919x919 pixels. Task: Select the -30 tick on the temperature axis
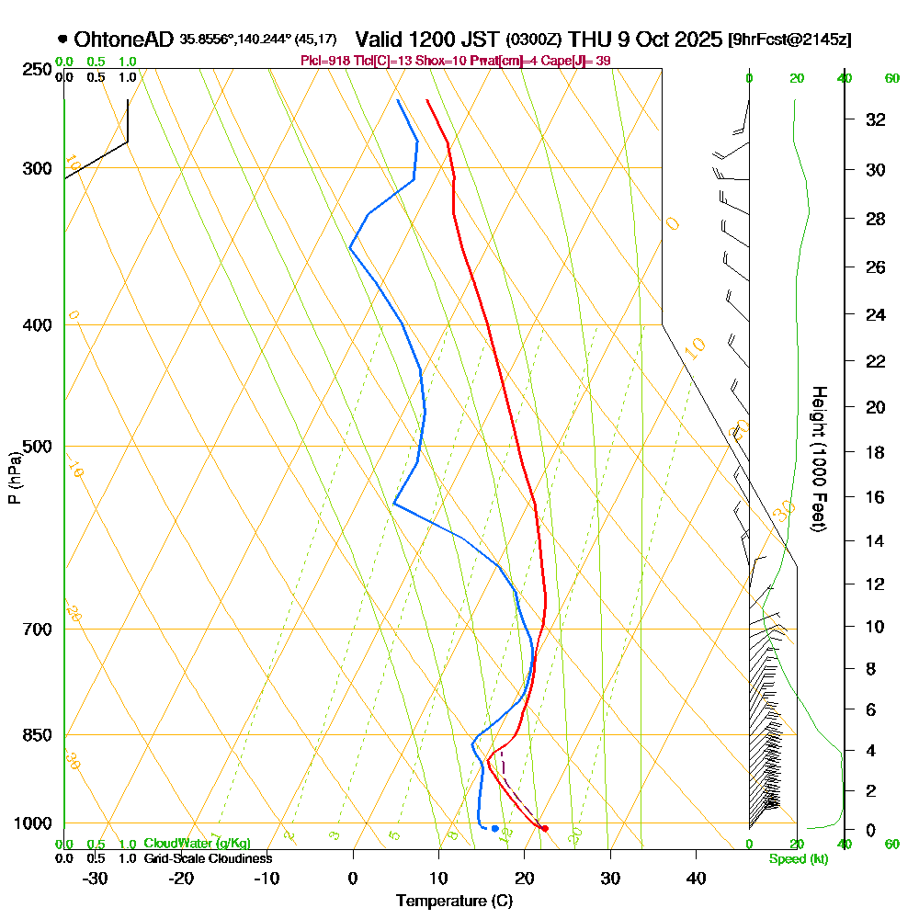click(x=95, y=879)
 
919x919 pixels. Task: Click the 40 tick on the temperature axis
click(x=696, y=879)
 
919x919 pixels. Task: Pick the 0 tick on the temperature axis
click(x=353, y=879)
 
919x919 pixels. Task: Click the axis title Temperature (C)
click(x=454, y=902)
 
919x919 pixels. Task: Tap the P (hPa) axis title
click(x=14, y=477)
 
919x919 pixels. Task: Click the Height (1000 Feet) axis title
click(x=819, y=458)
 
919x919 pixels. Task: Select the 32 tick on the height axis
click(x=875, y=119)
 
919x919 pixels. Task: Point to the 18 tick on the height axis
click(x=875, y=452)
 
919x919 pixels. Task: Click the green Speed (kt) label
click(x=795, y=859)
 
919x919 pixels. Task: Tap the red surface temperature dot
click(x=545, y=828)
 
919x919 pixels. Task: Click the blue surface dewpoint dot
click(x=494, y=828)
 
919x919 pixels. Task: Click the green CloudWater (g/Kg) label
click(x=197, y=844)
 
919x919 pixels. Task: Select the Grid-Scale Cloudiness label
click(x=207, y=858)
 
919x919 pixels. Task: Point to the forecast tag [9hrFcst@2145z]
click(x=789, y=40)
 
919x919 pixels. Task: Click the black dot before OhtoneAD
click(x=62, y=40)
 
